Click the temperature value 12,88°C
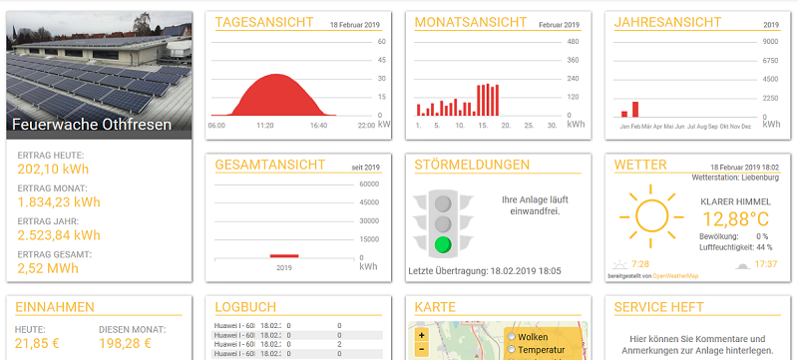[x=735, y=218]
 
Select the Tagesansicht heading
[x=257, y=22]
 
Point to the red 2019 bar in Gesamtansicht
[x=284, y=256]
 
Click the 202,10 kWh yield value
[x=54, y=170]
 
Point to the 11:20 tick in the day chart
[x=265, y=126]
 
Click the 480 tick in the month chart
[x=573, y=42]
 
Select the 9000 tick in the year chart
[x=770, y=42]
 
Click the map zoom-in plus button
[x=422, y=334]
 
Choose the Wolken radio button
[x=512, y=337]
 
